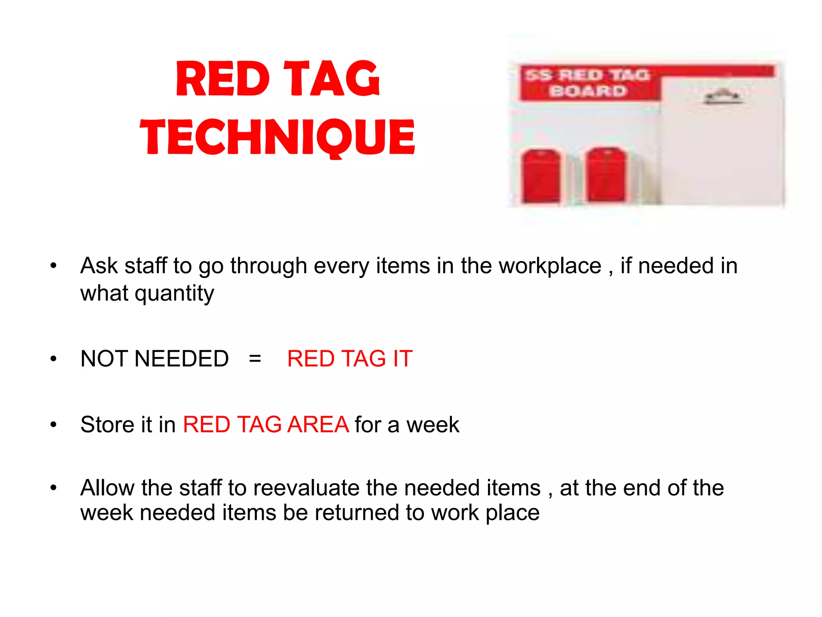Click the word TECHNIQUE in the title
coord(277,137)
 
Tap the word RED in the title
coord(223,79)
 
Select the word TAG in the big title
coord(332,79)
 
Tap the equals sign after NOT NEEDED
coord(255,358)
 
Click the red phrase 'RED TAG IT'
coord(350,358)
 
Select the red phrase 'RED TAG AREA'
coord(266,425)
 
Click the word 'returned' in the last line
coord(357,513)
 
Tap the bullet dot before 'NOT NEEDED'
coord(53,359)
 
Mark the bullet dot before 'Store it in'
coord(53,425)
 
